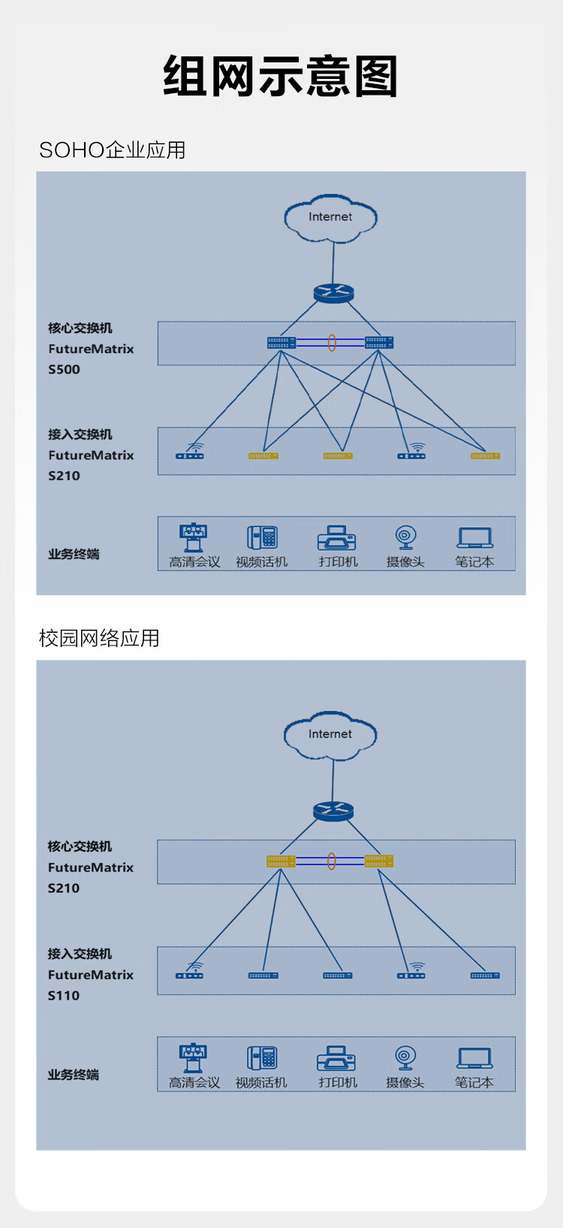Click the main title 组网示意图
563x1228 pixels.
point(280,77)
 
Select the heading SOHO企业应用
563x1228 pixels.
point(113,150)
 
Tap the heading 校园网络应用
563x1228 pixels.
point(99,638)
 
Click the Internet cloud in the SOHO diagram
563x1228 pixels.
point(330,218)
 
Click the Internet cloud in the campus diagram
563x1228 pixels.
point(330,735)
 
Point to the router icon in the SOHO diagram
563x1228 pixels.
point(333,293)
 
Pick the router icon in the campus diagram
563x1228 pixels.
point(333,812)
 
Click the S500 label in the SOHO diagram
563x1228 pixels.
point(65,369)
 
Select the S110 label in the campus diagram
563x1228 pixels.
point(64,995)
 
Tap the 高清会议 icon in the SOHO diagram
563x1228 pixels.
point(194,537)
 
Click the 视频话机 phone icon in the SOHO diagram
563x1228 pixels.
point(262,537)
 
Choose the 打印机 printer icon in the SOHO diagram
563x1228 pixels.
point(337,538)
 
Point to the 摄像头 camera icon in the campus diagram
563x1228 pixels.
point(405,1057)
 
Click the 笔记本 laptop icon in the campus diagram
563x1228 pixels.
point(474,1058)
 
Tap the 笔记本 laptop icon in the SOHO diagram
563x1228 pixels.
point(474,537)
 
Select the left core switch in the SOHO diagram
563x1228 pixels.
point(281,343)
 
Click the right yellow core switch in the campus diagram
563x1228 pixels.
point(379,861)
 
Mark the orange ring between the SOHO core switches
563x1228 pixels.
point(331,343)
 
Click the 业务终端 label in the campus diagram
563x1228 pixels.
point(74,1075)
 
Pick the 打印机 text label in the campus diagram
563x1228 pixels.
point(338,1083)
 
